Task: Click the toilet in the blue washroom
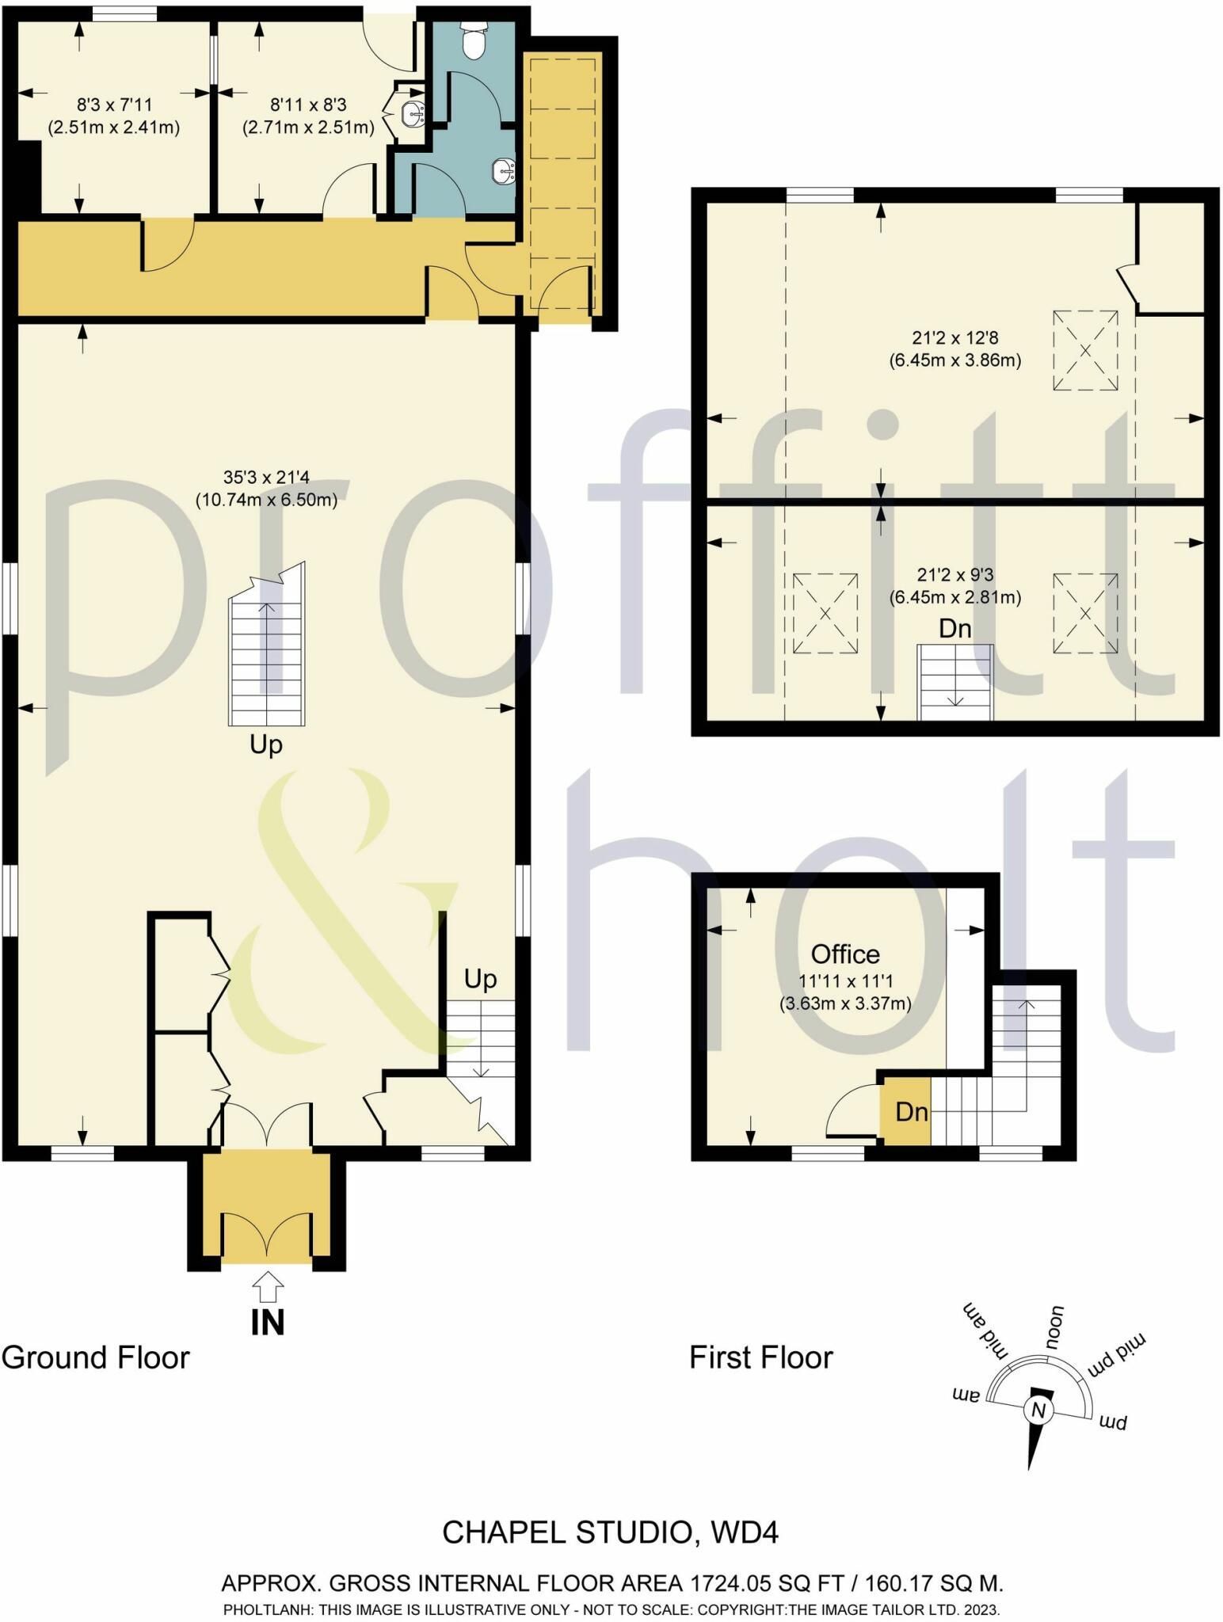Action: [x=474, y=40]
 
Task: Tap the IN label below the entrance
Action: [x=268, y=1322]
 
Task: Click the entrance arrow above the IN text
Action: [x=269, y=1286]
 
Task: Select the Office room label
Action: [x=845, y=954]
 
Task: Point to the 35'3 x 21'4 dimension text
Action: [x=266, y=478]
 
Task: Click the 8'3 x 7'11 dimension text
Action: [x=114, y=105]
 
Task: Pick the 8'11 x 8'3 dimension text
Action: [x=308, y=105]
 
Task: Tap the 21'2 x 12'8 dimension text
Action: [x=954, y=339]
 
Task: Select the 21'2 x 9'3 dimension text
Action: [x=954, y=575]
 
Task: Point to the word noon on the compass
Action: [x=1055, y=1329]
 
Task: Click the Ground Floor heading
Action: [x=96, y=1358]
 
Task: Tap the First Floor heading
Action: [x=761, y=1358]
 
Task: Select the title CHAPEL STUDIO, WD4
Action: [x=611, y=1533]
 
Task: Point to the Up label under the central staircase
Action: [x=266, y=746]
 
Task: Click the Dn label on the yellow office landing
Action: [x=911, y=1112]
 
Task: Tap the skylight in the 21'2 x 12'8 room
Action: [x=1085, y=350]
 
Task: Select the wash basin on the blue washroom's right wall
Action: [x=503, y=170]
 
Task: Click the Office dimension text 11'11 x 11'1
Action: [x=845, y=981]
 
